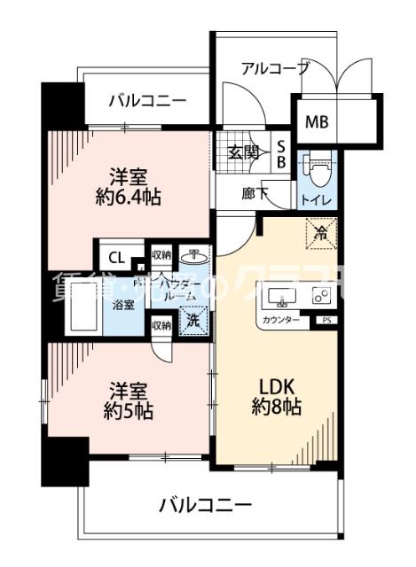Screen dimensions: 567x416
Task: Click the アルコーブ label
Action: click(275, 68)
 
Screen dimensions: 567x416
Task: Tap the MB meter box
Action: click(316, 121)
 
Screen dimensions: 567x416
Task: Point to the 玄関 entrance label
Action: click(244, 151)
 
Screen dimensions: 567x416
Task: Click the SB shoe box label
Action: click(279, 152)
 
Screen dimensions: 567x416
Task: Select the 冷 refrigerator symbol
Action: click(319, 233)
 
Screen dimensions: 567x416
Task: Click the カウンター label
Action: click(279, 320)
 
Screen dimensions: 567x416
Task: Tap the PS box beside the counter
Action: click(327, 320)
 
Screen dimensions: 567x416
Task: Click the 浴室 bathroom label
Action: click(124, 305)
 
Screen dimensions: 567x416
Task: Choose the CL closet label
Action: click(115, 258)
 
